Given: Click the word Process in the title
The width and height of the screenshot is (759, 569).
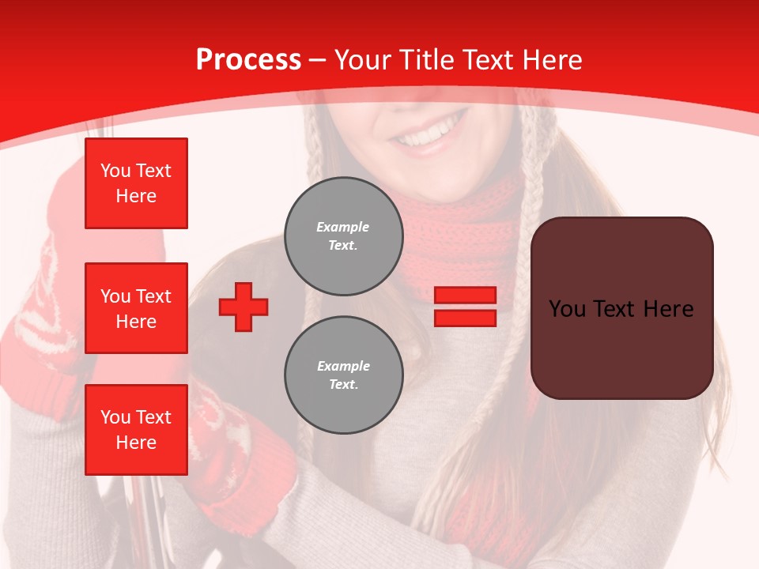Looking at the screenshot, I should (x=248, y=60).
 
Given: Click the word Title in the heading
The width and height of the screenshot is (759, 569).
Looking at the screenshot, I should (x=424, y=60).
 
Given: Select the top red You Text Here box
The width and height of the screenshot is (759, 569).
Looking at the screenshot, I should (x=136, y=183).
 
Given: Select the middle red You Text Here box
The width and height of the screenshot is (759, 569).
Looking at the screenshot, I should (x=136, y=308).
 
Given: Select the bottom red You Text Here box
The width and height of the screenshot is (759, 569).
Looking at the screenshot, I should (x=136, y=430).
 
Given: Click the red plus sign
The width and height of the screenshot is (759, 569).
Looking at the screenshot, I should (x=244, y=307).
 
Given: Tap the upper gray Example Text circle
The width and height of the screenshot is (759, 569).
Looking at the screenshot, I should (x=343, y=236).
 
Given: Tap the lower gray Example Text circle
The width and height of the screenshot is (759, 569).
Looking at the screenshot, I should (x=343, y=375).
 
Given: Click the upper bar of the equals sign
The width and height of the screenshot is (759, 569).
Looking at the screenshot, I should (x=465, y=295).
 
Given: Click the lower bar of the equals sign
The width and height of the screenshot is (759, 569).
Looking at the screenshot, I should (x=465, y=318).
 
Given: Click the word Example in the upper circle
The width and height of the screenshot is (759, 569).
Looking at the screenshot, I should (x=342, y=227).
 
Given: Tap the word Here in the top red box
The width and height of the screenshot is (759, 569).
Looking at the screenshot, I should (x=136, y=196).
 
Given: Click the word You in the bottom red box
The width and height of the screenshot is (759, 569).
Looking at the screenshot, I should (x=115, y=417).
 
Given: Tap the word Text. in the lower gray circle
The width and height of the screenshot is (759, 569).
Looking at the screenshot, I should (x=343, y=384).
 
